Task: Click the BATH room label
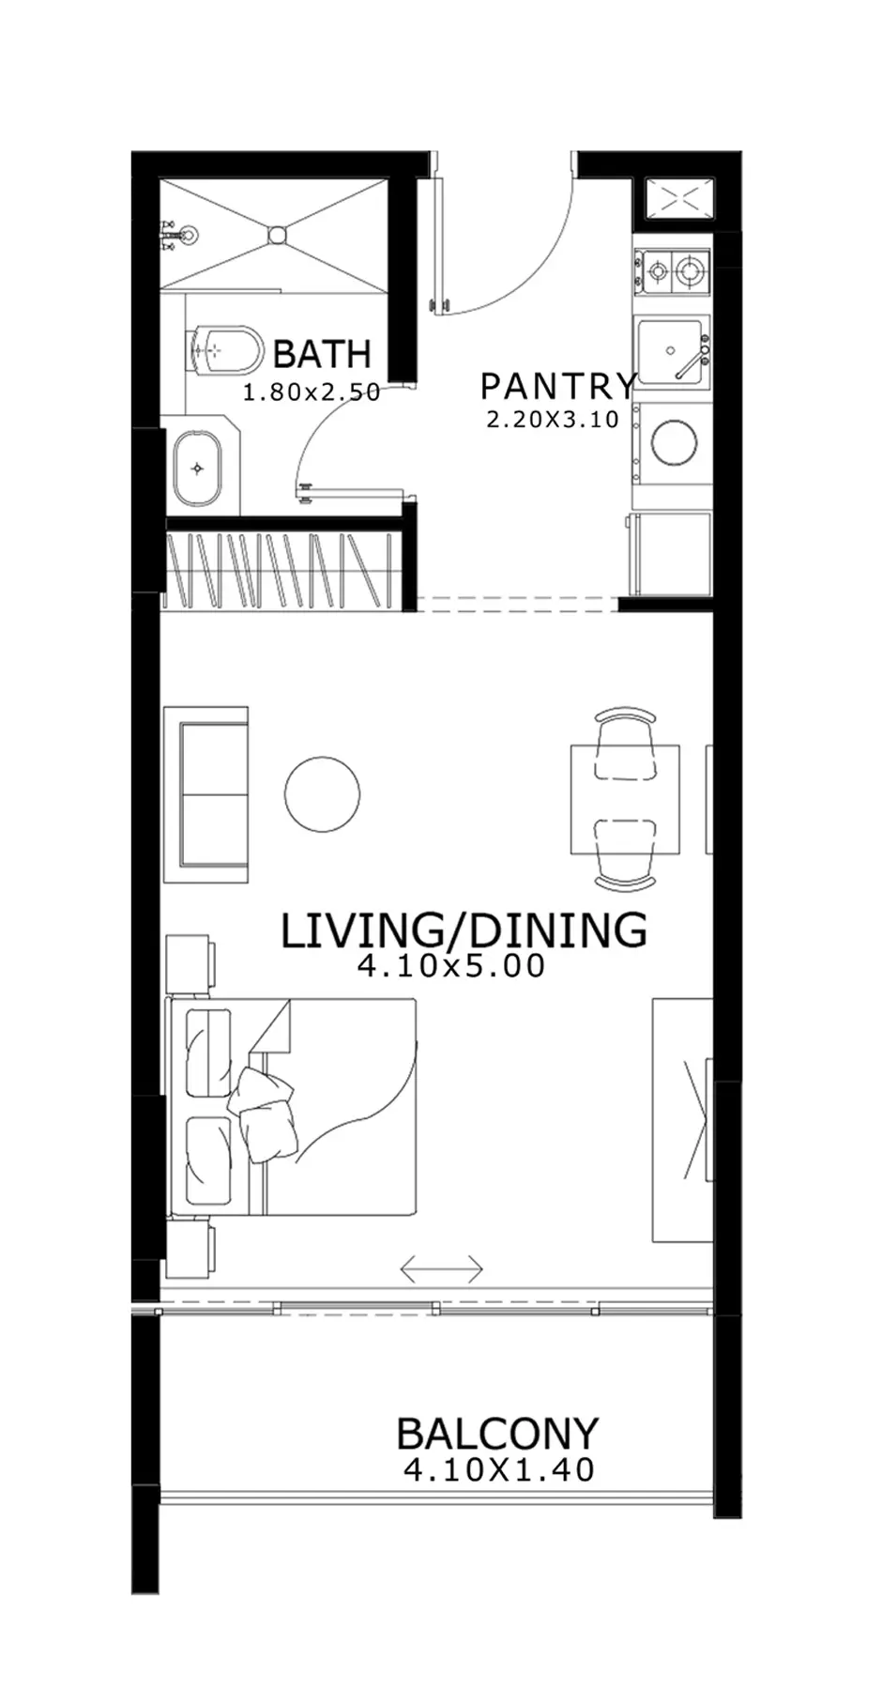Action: point(322,354)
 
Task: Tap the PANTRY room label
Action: point(558,386)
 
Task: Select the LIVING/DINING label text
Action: point(464,929)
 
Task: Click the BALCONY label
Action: point(497,1434)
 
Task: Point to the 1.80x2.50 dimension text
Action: point(312,392)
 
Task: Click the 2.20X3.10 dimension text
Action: point(553,420)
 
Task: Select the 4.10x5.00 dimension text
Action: point(451,966)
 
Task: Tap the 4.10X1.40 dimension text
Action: point(499,1469)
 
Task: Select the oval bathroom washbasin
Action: point(197,468)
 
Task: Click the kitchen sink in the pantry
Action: point(670,351)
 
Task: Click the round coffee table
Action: point(322,794)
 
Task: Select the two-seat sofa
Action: point(205,794)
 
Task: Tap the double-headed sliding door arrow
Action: point(441,1270)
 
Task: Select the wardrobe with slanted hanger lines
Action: point(282,570)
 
